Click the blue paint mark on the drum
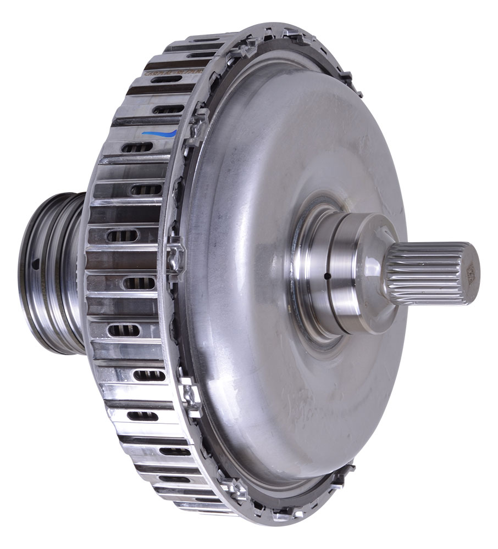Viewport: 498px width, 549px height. click(159, 133)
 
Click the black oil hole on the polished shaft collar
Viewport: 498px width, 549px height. click(326, 276)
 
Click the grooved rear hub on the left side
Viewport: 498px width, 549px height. click(49, 274)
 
